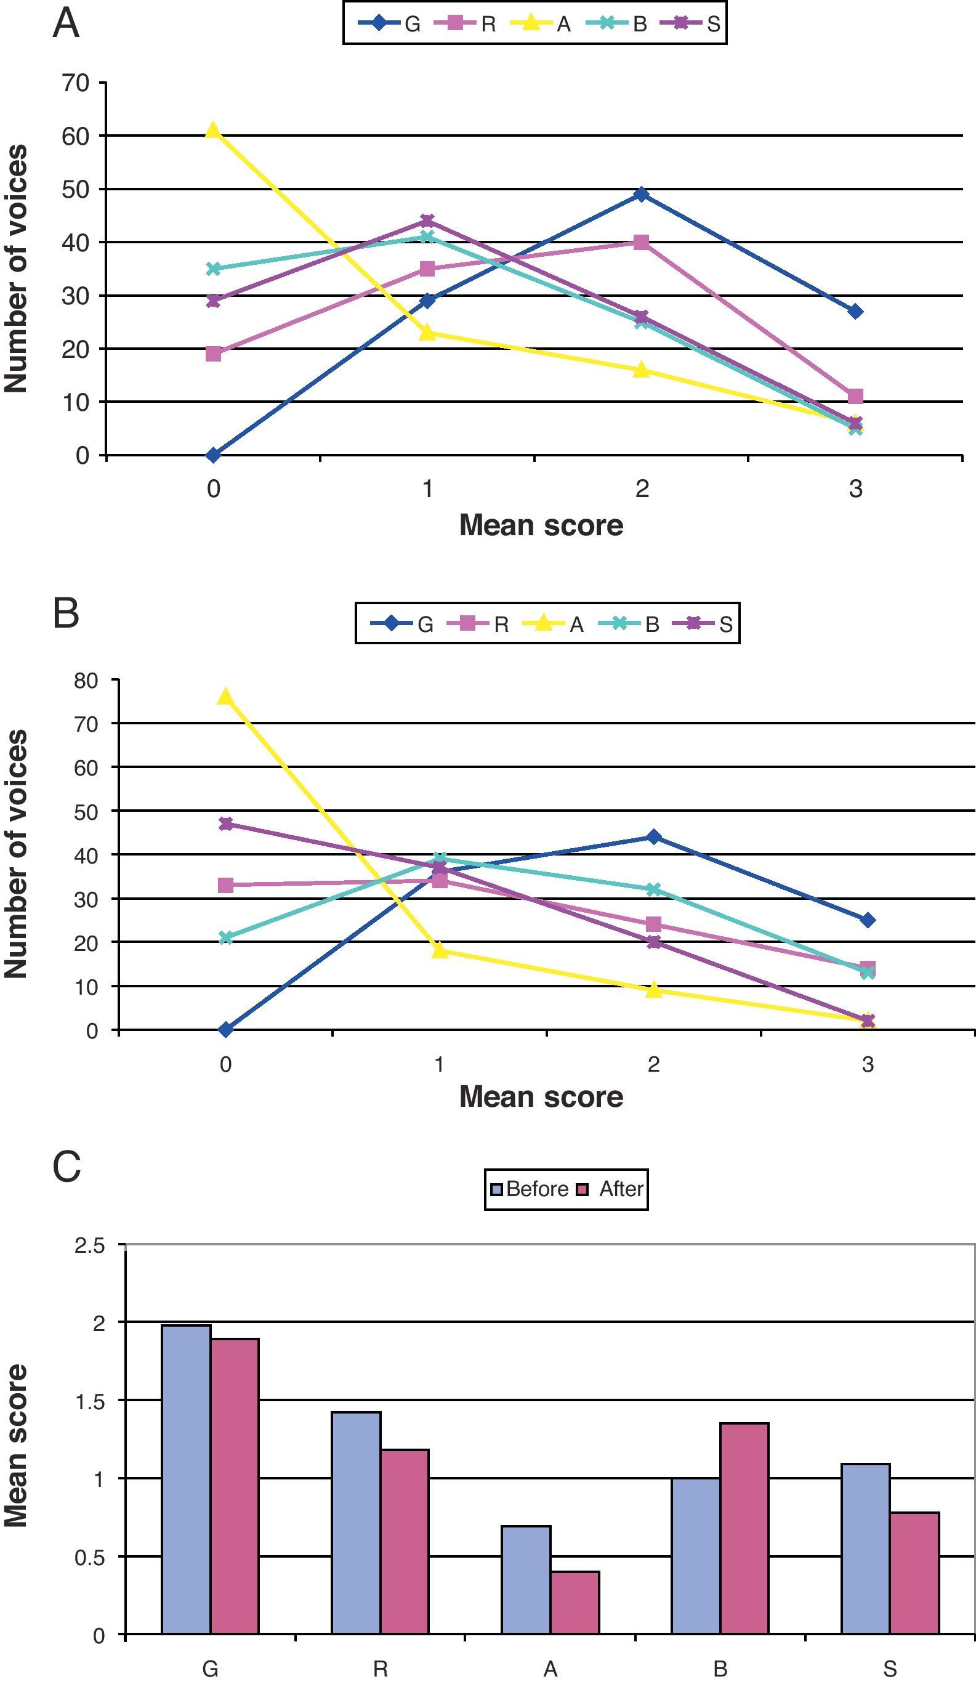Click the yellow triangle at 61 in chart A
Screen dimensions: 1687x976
pyautogui.click(x=213, y=130)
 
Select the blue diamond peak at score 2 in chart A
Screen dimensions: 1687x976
pyautogui.click(x=641, y=194)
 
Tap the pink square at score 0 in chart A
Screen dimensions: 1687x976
pyautogui.click(x=213, y=354)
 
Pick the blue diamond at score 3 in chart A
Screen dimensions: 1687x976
pyautogui.click(x=855, y=311)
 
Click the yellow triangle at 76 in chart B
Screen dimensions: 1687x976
pyautogui.click(x=225, y=696)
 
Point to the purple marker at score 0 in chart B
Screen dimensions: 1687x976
pyautogui.click(x=225, y=823)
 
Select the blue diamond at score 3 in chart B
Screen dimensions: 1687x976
pyautogui.click(x=868, y=920)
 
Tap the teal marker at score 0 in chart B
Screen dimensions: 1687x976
pyautogui.click(x=225, y=938)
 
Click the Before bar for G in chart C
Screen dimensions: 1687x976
pyautogui.click(x=186, y=1479)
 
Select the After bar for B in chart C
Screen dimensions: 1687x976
pyautogui.click(x=744, y=1528)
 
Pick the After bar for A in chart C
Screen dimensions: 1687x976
pyautogui.click(x=575, y=1603)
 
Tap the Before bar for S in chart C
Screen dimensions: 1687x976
pyautogui.click(x=866, y=1549)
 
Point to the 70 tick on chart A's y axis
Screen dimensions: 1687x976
pyautogui.click(x=75, y=83)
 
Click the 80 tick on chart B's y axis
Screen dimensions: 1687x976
pyautogui.click(x=87, y=680)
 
